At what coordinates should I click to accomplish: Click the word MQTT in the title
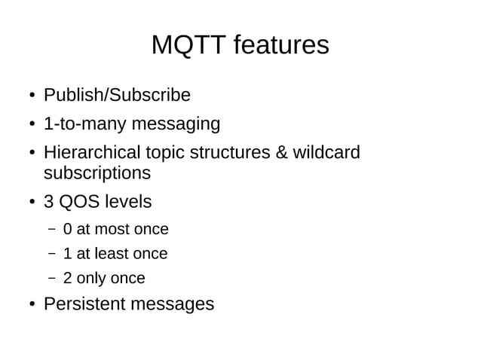(188, 45)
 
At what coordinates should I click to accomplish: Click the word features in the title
(280, 45)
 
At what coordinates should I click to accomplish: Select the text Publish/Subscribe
(117, 96)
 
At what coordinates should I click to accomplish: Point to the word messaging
(176, 124)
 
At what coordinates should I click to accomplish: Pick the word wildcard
(326, 153)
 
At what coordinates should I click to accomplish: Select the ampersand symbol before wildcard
(282, 153)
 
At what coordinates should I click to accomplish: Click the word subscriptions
(97, 173)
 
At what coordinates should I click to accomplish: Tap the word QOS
(79, 203)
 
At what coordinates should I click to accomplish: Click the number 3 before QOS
(49, 203)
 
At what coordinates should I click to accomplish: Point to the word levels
(127, 203)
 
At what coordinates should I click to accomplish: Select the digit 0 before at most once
(68, 229)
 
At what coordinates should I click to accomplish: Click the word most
(112, 229)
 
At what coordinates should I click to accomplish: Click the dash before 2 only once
(51, 278)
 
